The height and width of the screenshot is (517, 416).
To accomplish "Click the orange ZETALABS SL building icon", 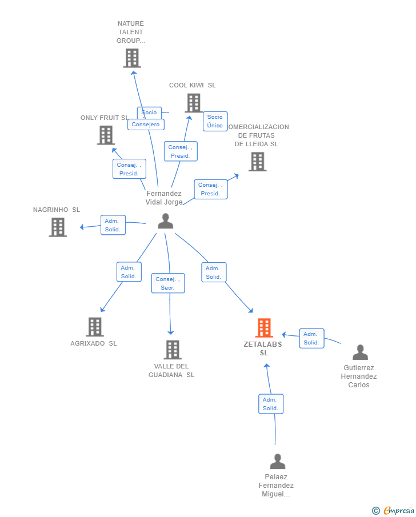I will pos(264,328).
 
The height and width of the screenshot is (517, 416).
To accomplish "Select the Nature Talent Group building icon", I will pos(132,58).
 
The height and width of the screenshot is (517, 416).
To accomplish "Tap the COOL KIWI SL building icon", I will pos(194,103).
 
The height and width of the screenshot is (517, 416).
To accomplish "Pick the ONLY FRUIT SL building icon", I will pos(106,135).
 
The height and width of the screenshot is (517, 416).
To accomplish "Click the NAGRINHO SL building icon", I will pos(58,227).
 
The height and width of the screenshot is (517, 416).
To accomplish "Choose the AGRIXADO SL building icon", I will pos(95,327).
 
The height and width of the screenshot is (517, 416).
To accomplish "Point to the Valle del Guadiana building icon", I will pos(173,350).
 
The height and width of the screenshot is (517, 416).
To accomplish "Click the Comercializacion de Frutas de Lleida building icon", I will pos(257,162).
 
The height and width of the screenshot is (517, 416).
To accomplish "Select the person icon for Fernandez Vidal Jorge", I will pos(165,221).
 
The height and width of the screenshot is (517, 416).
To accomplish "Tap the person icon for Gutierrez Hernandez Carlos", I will pos(360,352).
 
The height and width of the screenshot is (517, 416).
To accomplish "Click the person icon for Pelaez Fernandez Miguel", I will pos(277,461).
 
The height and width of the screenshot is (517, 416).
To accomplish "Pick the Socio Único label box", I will pos(215,121).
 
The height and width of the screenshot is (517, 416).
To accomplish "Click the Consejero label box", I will pos(146,125).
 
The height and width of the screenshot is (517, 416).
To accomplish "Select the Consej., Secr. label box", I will pos(168,283).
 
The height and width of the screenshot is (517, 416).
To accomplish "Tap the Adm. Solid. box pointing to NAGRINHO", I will pos(113,225).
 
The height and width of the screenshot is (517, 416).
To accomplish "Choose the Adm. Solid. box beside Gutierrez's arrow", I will pos(311,338).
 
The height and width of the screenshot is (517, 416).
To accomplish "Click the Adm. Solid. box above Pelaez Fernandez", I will pos(270,404).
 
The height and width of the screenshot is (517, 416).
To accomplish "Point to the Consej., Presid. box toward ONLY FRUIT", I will pos(129,169).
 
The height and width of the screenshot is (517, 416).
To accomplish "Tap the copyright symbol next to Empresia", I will pos(375,511).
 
